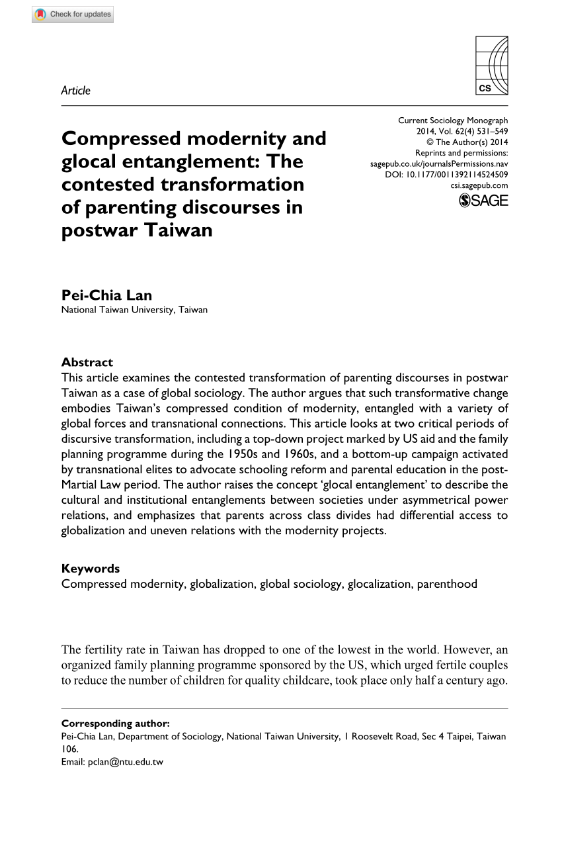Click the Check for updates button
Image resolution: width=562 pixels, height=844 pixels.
pos(73,14)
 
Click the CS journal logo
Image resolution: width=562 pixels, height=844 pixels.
pos(492,65)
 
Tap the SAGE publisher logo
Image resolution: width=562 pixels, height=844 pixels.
pos(483,201)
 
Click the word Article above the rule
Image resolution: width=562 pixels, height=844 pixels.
pos(75,91)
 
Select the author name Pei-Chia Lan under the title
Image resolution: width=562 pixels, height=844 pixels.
pos(106,295)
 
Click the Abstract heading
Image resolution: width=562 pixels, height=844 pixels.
pos(87,362)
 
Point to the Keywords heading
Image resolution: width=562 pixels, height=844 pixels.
pos(91,568)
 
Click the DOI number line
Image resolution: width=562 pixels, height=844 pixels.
pos(446,175)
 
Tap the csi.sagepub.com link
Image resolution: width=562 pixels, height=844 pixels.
pos(479,186)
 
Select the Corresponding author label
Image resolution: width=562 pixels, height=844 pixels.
pos(115,724)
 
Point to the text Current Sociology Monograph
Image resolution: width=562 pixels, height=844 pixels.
pos(453,120)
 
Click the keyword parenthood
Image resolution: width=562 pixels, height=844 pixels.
pos(447,584)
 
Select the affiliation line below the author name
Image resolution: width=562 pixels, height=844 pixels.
pos(134,309)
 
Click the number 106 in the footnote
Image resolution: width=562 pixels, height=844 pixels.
pos(69,749)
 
